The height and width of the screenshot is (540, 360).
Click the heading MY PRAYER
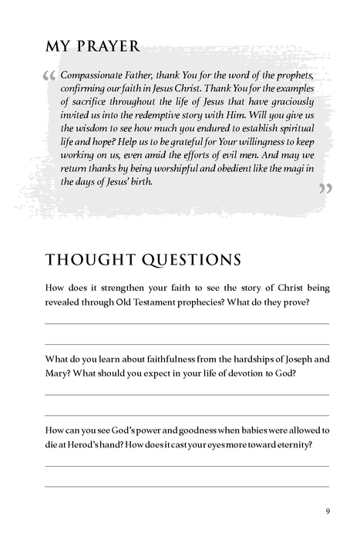(x=93, y=47)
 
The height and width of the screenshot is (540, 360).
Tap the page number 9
(x=328, y=511)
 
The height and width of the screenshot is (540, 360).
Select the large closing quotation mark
(x=325, y=189)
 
